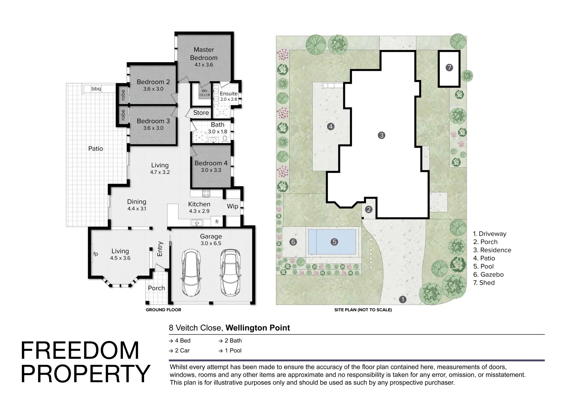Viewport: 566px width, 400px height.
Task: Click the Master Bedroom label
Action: pos(204,54)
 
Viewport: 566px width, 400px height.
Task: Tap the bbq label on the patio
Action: pos(96,89)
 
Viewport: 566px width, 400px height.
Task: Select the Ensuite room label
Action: pos(229,93)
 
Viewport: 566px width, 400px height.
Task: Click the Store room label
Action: pos(201,113)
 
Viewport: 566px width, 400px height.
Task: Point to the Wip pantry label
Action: pos(233,206)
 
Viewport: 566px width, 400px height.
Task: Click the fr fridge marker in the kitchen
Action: pos(217,221)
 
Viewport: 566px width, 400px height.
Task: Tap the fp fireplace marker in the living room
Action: pos(96,254)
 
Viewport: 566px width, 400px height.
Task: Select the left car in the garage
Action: pos(191,273)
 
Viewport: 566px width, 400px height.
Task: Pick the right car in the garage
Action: pos(230,273)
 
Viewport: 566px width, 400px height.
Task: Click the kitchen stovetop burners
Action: pos(206,193)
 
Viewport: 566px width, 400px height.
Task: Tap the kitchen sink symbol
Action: pos(197,223)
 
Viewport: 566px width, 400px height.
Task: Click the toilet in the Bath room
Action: pos(224,139)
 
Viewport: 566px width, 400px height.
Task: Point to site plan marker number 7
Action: pos(449,67)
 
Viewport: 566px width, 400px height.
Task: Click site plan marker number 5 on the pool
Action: pos(334,242)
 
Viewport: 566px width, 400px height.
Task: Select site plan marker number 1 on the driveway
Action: pos(403,299)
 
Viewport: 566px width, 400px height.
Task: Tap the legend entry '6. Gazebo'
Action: pos(488,274)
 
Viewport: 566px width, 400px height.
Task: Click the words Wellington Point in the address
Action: pos(258,328)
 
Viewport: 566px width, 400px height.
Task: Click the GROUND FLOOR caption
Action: pos(163,310)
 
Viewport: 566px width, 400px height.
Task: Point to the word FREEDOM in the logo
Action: pos(80,350)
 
